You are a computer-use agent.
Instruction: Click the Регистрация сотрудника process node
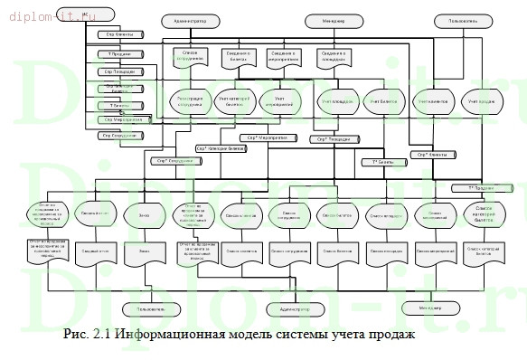190,100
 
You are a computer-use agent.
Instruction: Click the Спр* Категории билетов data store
220,147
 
